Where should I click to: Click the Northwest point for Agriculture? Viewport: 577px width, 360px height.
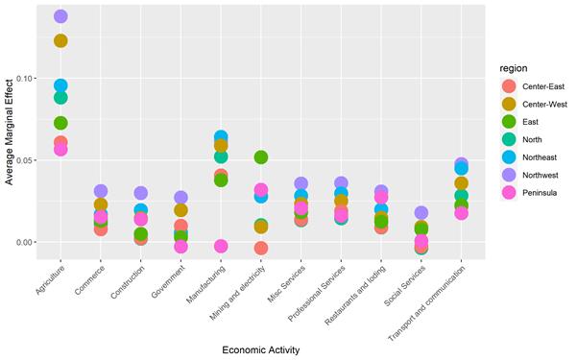60,16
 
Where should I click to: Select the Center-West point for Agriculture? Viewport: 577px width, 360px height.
60,40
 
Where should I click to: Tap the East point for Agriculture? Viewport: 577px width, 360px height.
60,123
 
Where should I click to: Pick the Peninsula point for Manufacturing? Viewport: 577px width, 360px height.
221,247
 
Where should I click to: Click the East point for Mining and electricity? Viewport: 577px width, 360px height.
261,157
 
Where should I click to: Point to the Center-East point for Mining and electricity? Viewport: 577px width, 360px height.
261,249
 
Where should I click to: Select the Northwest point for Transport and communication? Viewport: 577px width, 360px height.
461,164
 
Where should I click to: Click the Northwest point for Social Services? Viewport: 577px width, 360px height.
421,213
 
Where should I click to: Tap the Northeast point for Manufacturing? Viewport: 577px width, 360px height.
221,138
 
